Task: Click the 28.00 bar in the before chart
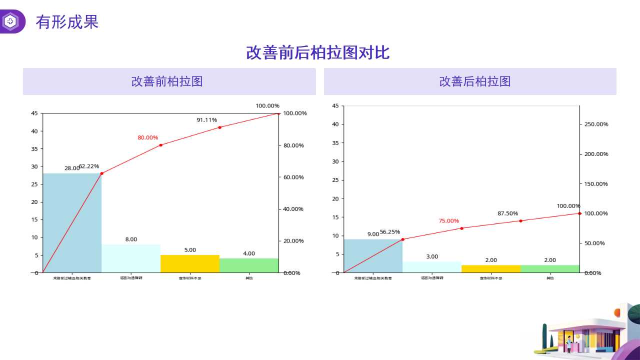[x=72, y=222]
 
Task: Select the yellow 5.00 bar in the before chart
[x=190, y=264]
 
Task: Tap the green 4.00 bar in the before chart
[x=249, y=265]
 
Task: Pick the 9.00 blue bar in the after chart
[x=373, y=255]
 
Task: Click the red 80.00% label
[x=148, y=137]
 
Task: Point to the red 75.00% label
[x=448, y=221]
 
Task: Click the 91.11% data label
[x=206, y=120]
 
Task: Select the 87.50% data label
[x=507, y=213]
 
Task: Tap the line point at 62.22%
[x=101, y=173]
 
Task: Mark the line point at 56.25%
[x=402, y=239]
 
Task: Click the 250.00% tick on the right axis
[x=596, y=124]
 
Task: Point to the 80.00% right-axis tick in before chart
[x=294, y=145]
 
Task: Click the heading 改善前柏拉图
[x=167, y=81]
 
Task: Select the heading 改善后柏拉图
[x=474, y=81]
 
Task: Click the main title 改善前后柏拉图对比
[x=317, y=52]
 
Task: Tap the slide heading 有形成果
[x=67, y=22]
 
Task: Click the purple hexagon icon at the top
[x=10, y=21]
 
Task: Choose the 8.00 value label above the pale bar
[x=131, y=239]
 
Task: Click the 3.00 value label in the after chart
[x=432, y=256]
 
